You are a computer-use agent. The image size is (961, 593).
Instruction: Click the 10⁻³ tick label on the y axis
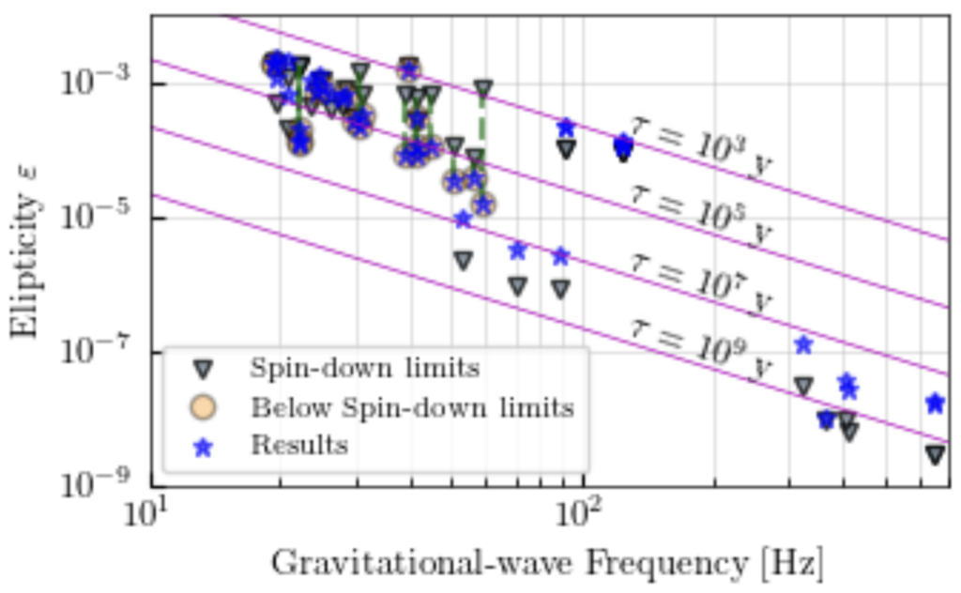tap(91, 83)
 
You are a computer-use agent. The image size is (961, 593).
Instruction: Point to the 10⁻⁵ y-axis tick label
tap(91, 217)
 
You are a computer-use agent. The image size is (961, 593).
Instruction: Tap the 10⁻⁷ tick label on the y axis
tap(91, 352)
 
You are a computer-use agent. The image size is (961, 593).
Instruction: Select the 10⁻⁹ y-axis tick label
tap(91, 485)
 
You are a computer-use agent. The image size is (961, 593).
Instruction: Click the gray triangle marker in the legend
tap(202, 368)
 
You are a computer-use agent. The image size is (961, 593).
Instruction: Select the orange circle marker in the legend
tap(202, 407)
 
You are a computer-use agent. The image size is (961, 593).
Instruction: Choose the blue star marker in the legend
tap(202, 447)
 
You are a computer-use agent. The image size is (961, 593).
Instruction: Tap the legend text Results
tap(298, 445)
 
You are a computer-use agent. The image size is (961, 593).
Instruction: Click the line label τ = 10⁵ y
tap(700, 217)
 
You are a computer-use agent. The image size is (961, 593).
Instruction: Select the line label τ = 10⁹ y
tap(700, 350)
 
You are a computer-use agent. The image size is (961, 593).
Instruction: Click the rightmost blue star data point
tap(935, 403)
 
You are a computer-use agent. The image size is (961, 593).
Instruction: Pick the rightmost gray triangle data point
tap(935, 455)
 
